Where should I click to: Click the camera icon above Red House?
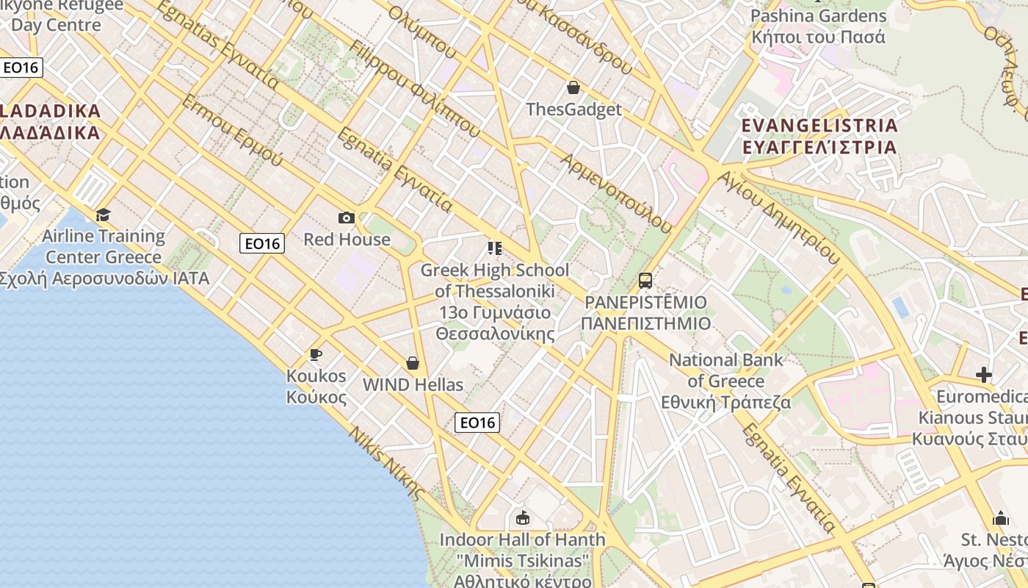[347, 218]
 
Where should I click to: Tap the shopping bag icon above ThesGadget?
[573, 88]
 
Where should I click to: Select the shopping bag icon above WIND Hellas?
[413, 363]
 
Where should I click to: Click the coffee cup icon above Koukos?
[316, 355]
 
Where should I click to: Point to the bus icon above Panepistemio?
[645, 281]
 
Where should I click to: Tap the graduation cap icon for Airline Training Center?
[103, 215]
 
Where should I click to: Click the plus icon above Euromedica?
[984, 376]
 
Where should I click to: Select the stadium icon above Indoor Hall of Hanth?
[523, 518]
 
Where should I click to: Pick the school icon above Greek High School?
[494, 248]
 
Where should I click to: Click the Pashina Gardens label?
[819, 16]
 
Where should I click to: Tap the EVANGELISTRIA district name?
[819, 126]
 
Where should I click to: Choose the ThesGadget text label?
[573, 110]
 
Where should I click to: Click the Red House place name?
[347, 240]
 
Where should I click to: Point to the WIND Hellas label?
[413, 384]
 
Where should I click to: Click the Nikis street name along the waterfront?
[387, 463]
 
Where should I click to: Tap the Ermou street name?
[232, 130]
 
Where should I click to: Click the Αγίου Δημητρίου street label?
[778, 218]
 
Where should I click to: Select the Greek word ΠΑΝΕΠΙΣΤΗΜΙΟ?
[645, 323]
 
